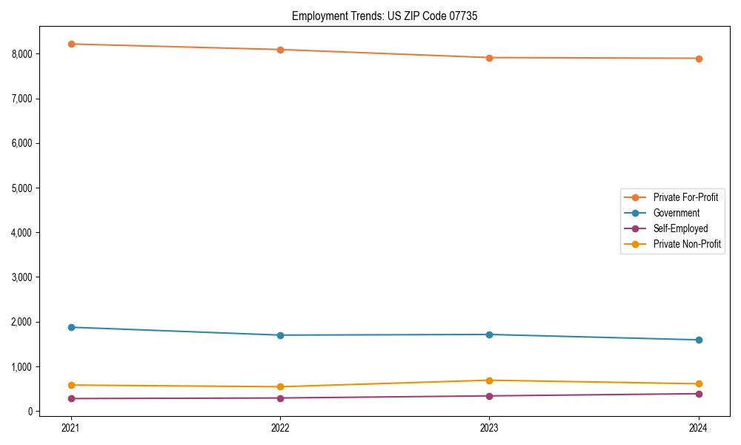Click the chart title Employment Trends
379,16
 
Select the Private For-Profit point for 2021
71,44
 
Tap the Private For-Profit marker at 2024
699,59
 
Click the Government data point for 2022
280,335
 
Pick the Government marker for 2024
699,340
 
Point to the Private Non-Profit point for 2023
489,380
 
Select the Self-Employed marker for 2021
71,398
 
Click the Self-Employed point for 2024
699,394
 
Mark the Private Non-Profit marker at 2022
280,386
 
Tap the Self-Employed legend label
680,228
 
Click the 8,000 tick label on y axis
21,54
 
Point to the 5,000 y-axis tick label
21,188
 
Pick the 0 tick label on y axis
30,412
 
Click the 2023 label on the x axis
489,428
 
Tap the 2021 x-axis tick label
71,428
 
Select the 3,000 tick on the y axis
21,277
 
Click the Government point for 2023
489,334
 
